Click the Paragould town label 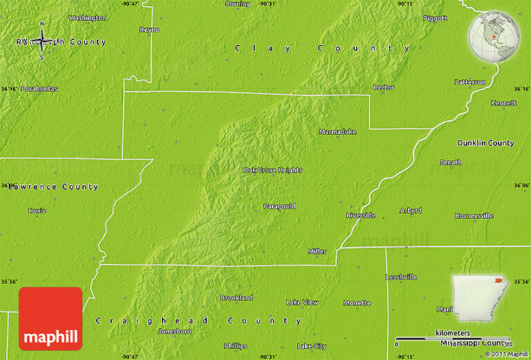(279, 206)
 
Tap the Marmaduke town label (337, 131)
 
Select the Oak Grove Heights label (272, 170)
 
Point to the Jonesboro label (174, 331)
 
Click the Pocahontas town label (39, 88)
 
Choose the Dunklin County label (485, 143)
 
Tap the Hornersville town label (474, 216)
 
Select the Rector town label (383, 88)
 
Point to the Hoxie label (37, 210)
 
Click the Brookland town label (236, 298)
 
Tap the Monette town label (357, 303)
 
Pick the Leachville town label (401, 277)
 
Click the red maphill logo (50, 319)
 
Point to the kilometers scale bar (452, 339)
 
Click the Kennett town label (503, 103)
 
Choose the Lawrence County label (53, 187)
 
